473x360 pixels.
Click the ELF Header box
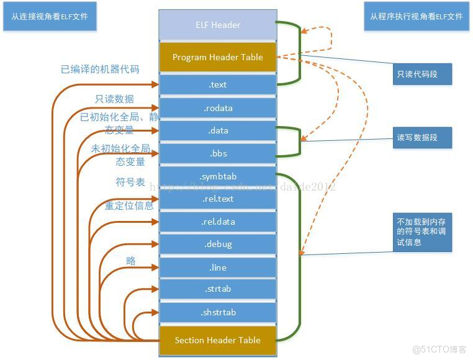(x=217, y=25)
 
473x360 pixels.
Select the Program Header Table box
(x=217, y=57)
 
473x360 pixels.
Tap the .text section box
(x=217, y=85)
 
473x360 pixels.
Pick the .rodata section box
(x=217, y=108)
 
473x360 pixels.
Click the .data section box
(x=217, y=131)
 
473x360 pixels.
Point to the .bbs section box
(x=217, y=153)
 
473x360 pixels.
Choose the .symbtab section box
(x=217, y=176)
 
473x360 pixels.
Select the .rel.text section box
(x=217, y=199)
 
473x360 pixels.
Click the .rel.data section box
(x=217, y=222)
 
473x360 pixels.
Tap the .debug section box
(x=217, y=245)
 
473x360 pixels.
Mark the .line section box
(x=217, y=268)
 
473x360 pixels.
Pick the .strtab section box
(x=217, y=289)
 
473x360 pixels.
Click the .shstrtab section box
(x=217, y=312)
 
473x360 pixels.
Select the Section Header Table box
(x=217, y=340)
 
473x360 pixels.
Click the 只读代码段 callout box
(x=421, y=74)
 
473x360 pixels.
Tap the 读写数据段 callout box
(x=421, y=137)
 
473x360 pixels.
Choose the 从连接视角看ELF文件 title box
(x=50, y=17)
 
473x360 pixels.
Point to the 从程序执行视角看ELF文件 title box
(x=417, y=17)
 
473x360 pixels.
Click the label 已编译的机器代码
(x=99, y=70)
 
